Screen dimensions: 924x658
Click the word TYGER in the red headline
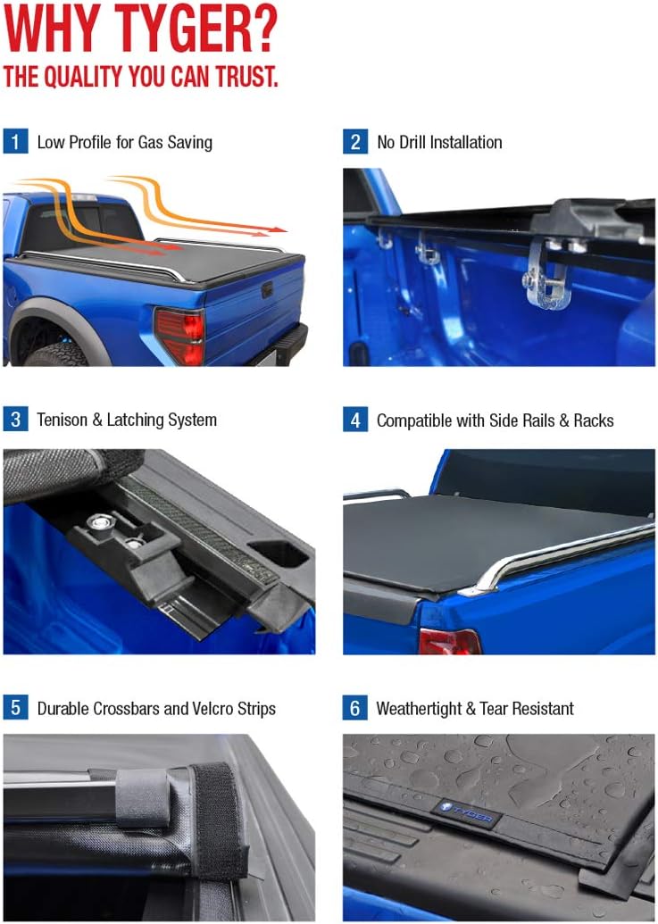(x=193, y=31)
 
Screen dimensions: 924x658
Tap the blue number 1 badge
(x=15, y=142)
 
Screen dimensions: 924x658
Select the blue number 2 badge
(x=355, y=142)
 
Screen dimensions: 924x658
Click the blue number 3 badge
(x=15, y=420)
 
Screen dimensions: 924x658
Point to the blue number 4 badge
(x=355, y=420)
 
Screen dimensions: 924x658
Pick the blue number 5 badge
(x=15, y=709)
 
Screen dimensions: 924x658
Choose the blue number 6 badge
(x=355, y=709)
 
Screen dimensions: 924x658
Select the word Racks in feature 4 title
(x=593, y=420)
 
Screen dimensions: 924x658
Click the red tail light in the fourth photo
(x=449, y=641)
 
